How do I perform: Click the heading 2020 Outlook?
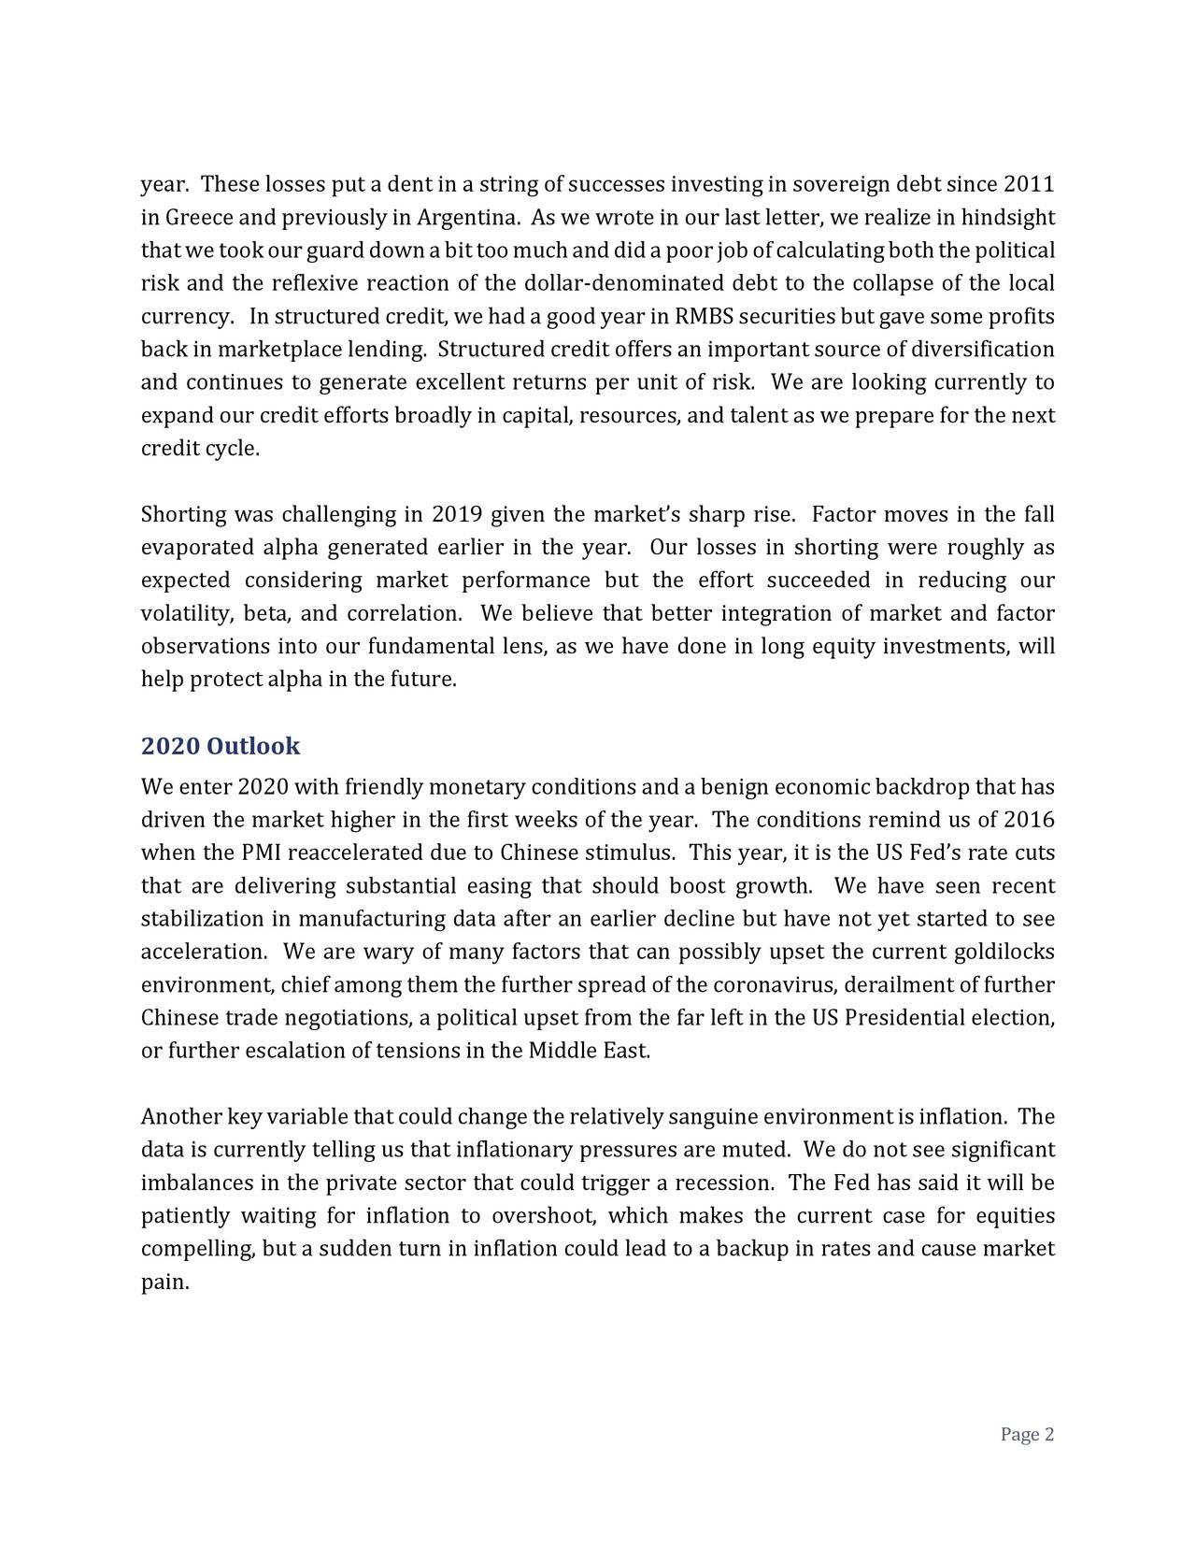tap(221, 746)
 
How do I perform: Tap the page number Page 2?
tap(1027, 1435)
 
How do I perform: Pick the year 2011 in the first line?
tap(1029, 185)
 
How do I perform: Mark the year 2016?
tap(1029, 821)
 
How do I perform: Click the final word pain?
tap(164, 1283)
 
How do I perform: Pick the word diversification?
tap(983, 350)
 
